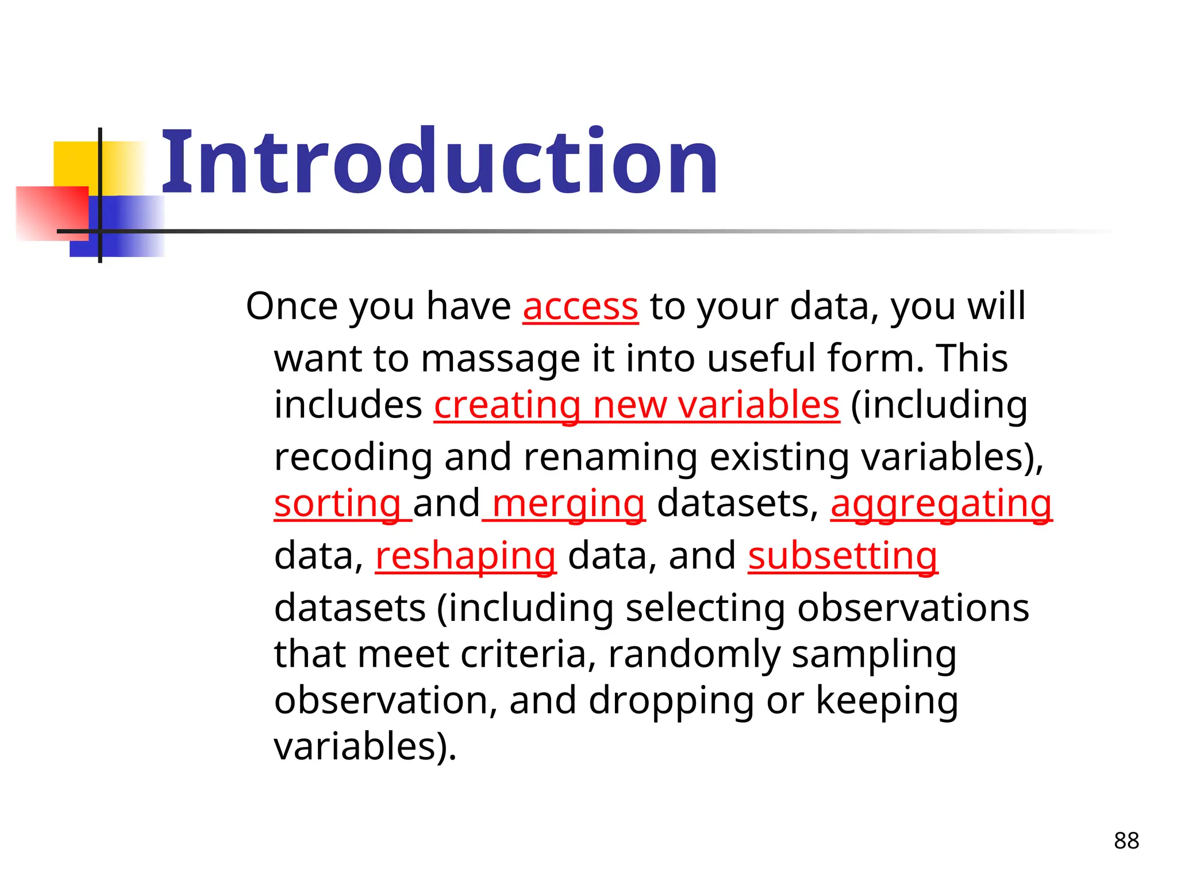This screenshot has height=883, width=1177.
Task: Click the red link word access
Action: pyautogui.click(x=580, y=306)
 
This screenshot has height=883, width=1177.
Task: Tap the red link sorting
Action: pyautogui.click(x=338, y=504)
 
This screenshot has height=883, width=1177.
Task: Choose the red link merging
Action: pyautogui.click(x=568, y=504)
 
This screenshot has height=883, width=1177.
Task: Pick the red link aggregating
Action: pyautogui.click(x=941, y=504)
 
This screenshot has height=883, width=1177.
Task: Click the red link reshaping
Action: pyautogui.click(x=466, y=556)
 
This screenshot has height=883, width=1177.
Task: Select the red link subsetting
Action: pyautogui.click(x=843, y=556)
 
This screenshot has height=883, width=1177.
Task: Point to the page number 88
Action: pyautogui.click(x=1126, y=840)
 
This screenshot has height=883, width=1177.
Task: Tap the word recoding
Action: pyautogui.click(x=353, y=458)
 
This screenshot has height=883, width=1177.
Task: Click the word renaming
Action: pyautogui.click(x=610, y=458)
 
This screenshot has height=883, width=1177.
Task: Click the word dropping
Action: pyautogui.click(x=671, y=700)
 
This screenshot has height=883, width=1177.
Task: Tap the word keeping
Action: pyautogui.click(x=887, y=700)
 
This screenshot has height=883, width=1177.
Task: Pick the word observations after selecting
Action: pyautogui.click(x=913, y=608)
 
